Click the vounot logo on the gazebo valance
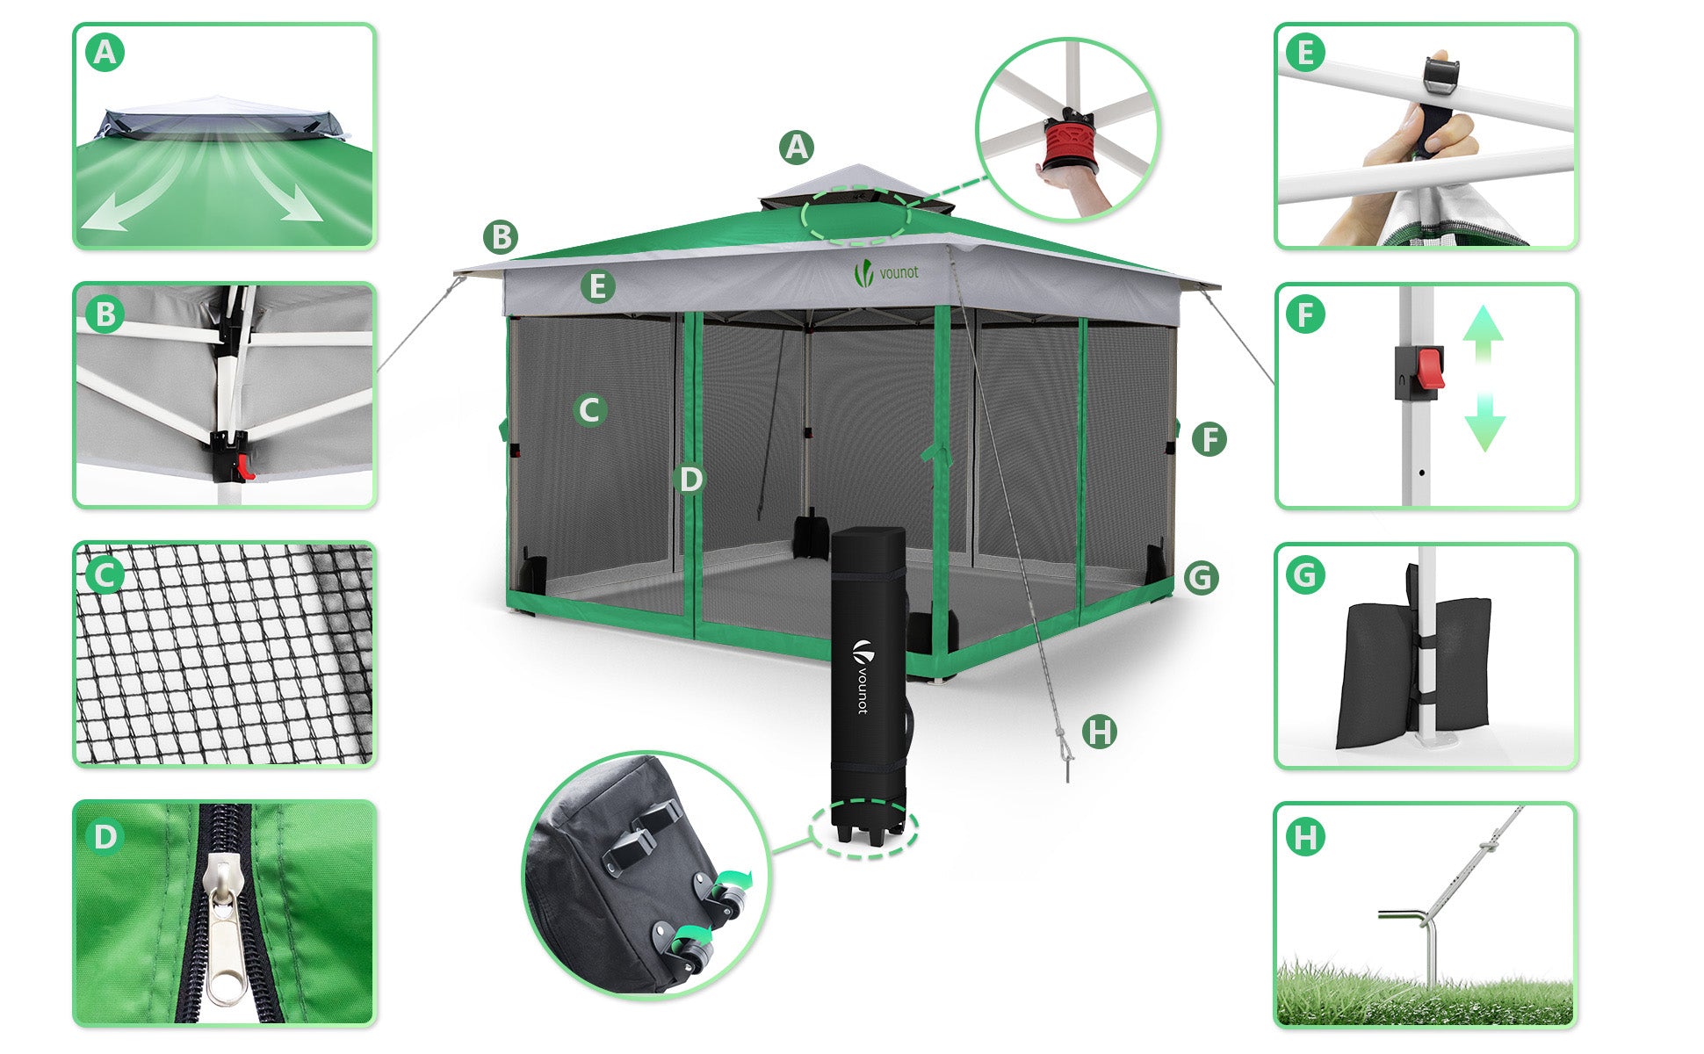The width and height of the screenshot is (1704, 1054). click(886, 273)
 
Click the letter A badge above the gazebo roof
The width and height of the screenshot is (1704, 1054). click(796, 148)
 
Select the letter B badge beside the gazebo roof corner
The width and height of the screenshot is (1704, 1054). click(501, 237)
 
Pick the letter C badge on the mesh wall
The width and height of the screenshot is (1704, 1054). click(590, 410)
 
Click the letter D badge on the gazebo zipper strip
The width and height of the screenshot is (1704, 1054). click(691, 479)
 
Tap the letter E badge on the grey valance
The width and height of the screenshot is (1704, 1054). click(597, 286)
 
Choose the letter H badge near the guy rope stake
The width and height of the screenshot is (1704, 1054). click(1099, 732)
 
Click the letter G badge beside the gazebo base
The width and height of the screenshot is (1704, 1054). click(1201, 578)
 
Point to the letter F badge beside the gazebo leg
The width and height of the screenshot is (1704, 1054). click(1209, 439)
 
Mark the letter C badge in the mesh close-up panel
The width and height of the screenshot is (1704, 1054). click(105, 576)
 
